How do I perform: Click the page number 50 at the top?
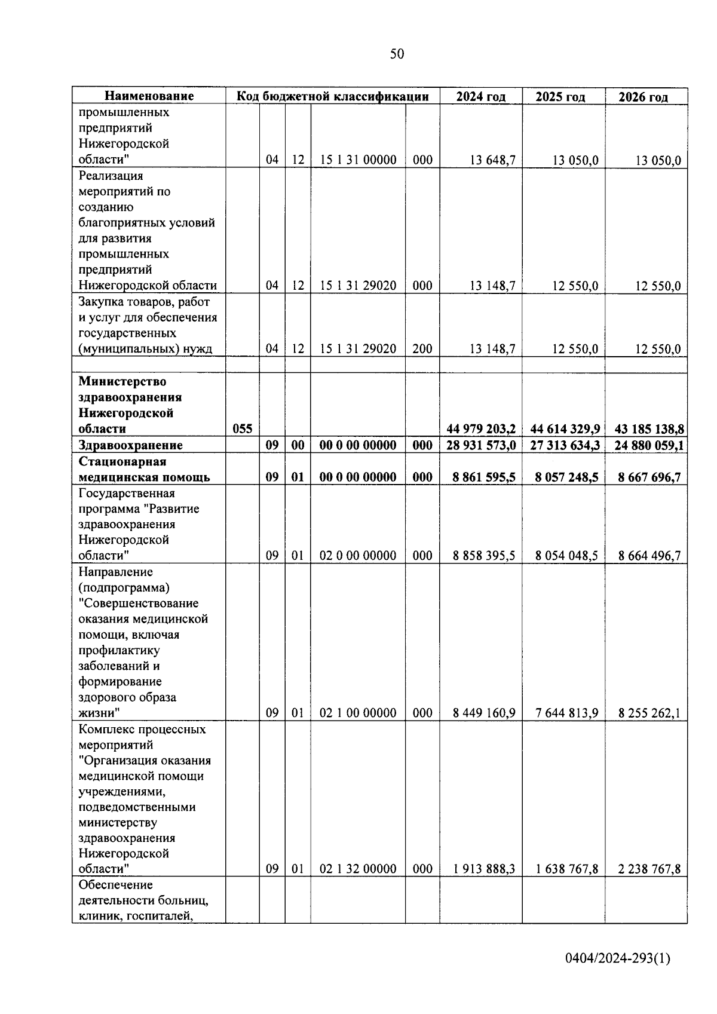click(397, 54)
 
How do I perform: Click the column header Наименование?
click(149, 96)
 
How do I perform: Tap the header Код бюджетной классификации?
click(333, 96)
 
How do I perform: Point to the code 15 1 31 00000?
click(358, 160)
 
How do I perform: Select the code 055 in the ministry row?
click(242, 429)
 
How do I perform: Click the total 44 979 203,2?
click(481, 429)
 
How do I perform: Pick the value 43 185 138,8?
click(649, 429)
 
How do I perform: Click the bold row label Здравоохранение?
click(130, 445)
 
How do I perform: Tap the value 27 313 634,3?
click(564, 445)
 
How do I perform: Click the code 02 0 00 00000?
click(358, 556)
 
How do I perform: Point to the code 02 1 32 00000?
click(358, 869)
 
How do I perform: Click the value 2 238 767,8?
click(649, 869)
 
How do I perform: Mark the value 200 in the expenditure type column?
click(422, 349)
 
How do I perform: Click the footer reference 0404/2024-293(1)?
click(618, 958)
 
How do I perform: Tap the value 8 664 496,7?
click(649, 556)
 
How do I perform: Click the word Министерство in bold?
click(122, 381)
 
